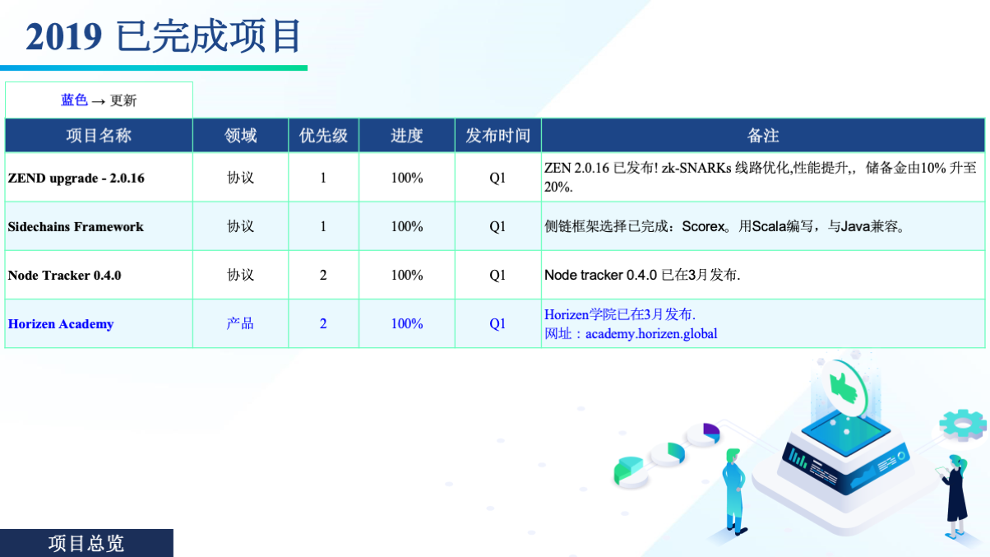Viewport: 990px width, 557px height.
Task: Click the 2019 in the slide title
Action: pos(63,36)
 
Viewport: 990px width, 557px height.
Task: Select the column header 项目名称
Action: pos(99,135)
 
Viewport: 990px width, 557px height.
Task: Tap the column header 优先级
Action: pos(323,135)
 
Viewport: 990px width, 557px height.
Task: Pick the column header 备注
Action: pos(763,135)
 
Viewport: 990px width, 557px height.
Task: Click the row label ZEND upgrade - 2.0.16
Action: pos(76,178)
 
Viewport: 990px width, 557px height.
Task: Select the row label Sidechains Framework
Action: pos(76,226)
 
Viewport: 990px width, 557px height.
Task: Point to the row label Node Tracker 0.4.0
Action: pos(64,275)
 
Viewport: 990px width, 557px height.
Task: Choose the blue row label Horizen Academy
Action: pos(61,323)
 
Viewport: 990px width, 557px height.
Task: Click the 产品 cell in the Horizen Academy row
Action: pos(240,323)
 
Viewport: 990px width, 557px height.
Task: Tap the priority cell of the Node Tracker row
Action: pos(323,275)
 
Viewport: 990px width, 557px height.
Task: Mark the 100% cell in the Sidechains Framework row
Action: pos(406,226)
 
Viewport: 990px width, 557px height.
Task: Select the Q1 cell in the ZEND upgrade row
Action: pos(497,178)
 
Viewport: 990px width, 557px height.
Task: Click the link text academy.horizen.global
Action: pos(651,334)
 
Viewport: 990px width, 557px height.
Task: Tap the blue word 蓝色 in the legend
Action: pos(74,100)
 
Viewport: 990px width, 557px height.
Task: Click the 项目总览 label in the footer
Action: pos(86,543)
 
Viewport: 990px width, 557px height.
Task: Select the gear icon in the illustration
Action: pos(963,425)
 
